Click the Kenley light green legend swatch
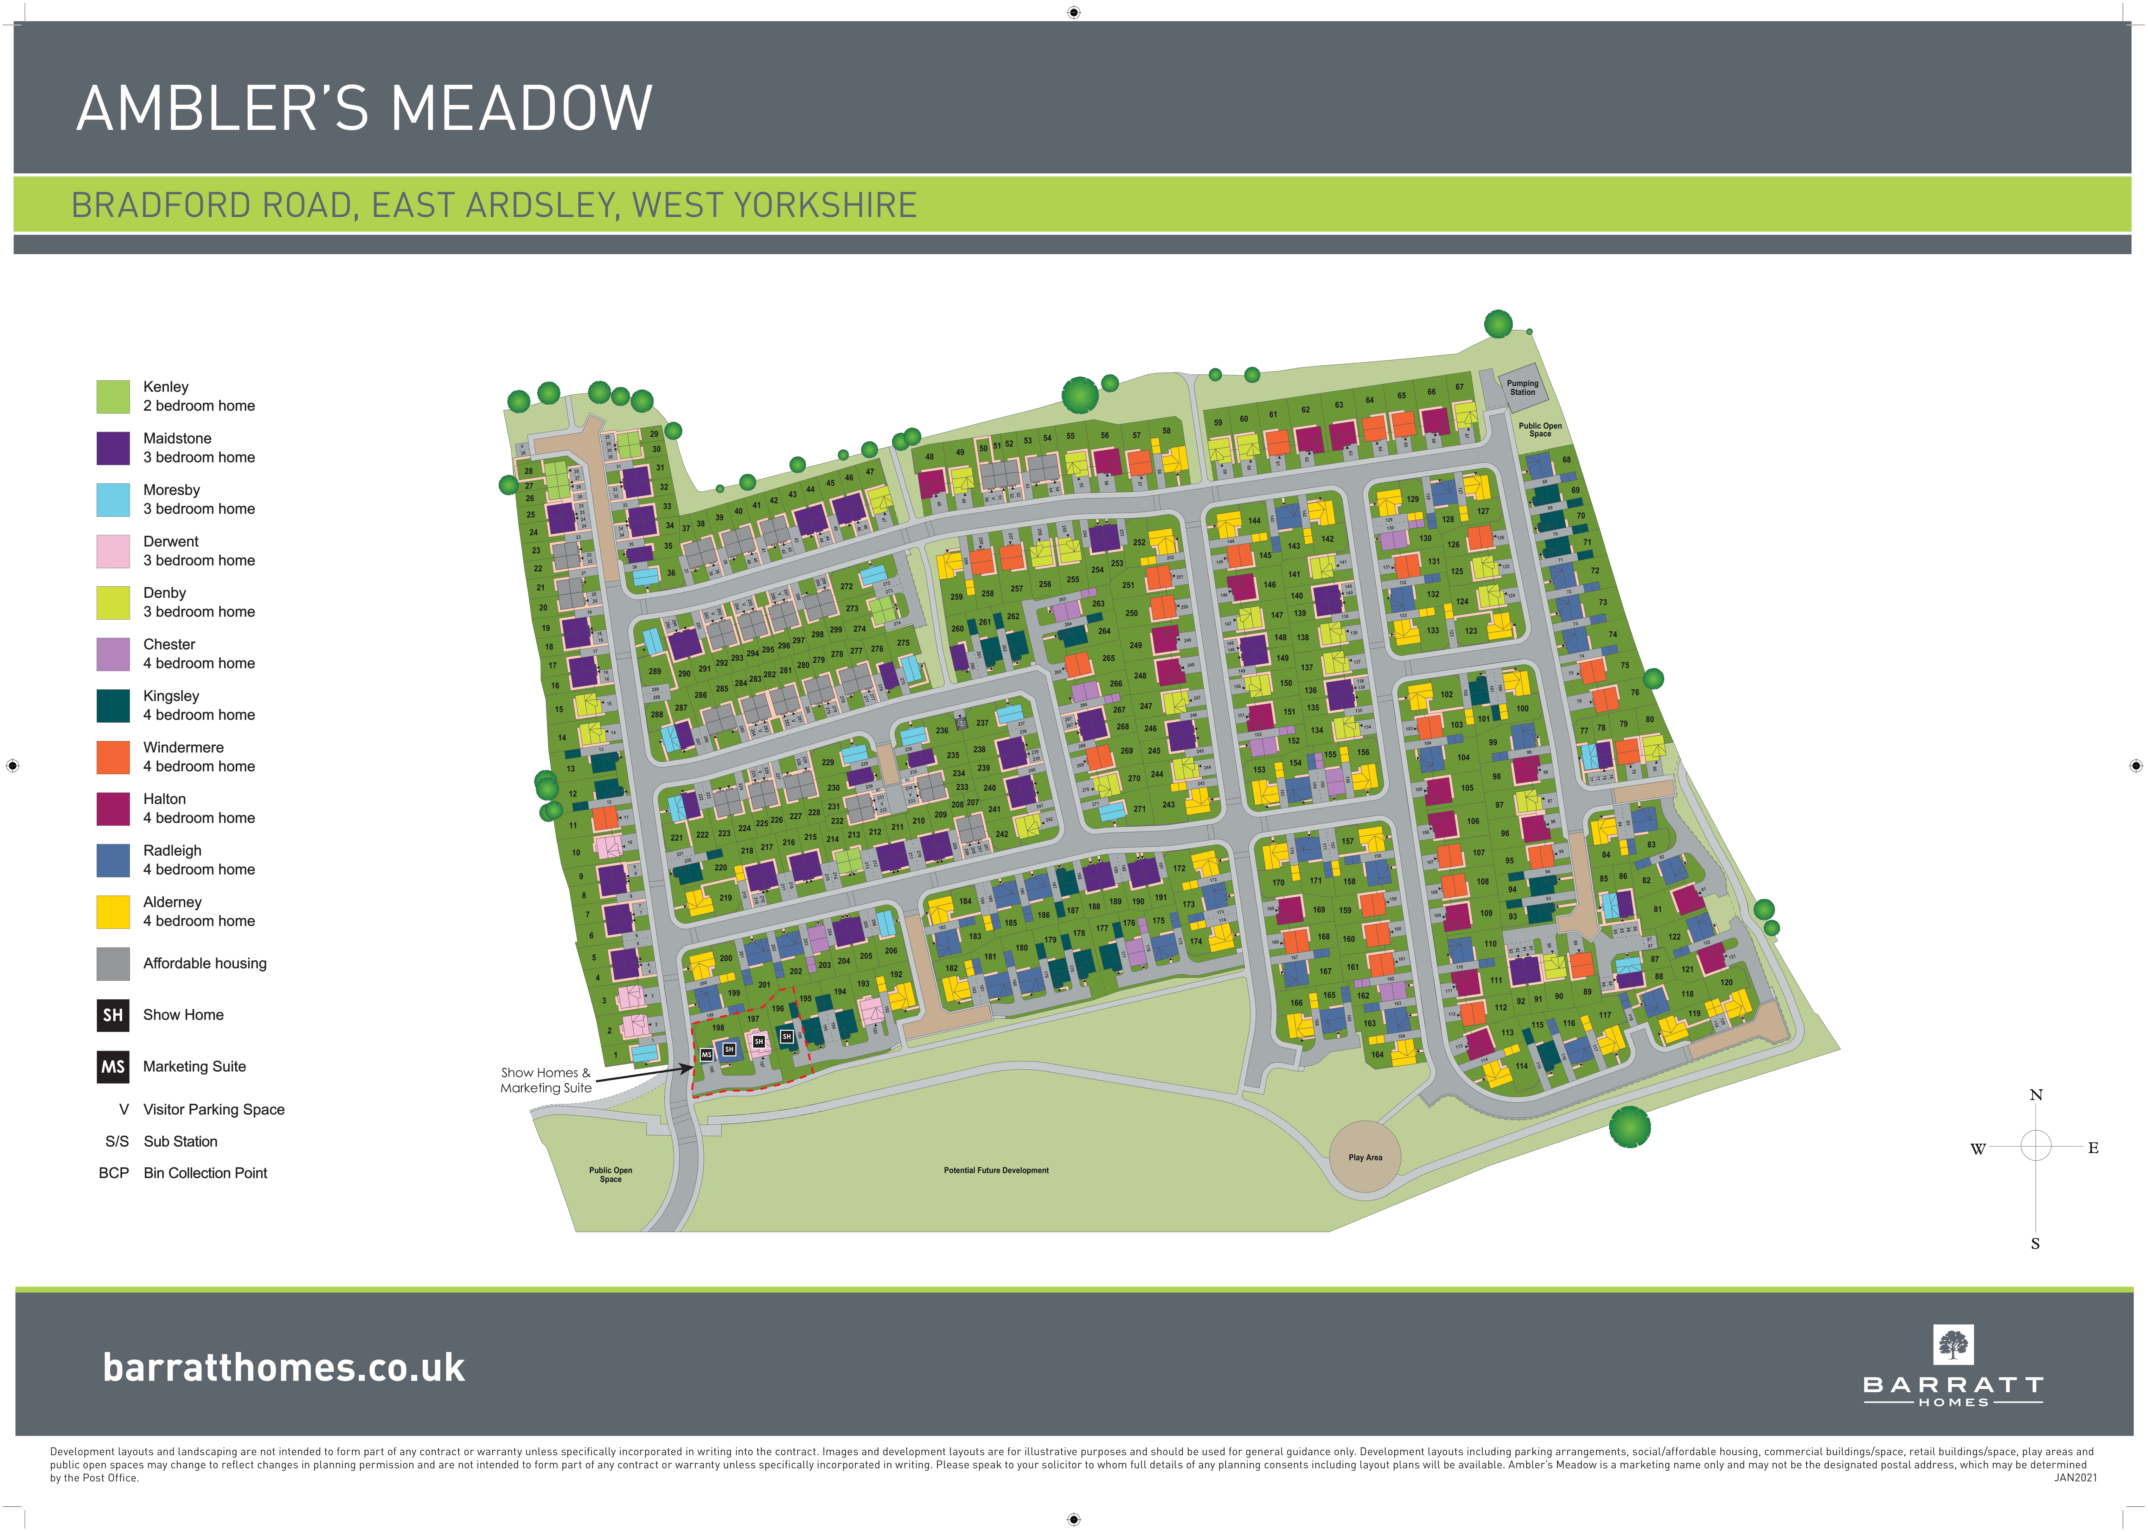(113, 396)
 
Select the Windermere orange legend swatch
(113, 756)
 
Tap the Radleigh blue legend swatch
(113, 859)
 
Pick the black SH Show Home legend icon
(113, 1015)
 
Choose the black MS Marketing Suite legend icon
(113, 1067)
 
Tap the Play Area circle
(1365, 1157)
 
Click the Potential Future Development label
(996, 1171)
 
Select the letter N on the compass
(2036, 1095)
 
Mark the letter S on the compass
(2035, 1243)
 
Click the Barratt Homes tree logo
(1953, 1344)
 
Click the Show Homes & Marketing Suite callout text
(546, 1080)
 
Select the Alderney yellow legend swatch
(113, 911)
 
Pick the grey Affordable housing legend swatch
(113, 963)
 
